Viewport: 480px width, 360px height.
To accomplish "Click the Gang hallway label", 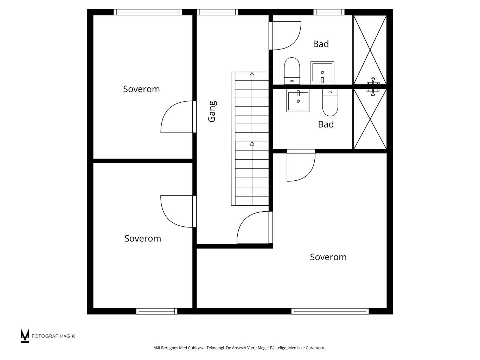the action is coord(212,111).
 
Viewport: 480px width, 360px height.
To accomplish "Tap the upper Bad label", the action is coord(321,44).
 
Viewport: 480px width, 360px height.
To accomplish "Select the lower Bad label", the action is coord(326,124).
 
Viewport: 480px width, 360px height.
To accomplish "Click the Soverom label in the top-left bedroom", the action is coord(141,89).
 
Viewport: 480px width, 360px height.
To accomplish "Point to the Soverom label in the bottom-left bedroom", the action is coord(143,238).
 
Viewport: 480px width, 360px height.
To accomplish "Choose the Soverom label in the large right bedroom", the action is coord(328,257).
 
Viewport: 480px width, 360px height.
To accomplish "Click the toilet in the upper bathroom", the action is coord(292,71).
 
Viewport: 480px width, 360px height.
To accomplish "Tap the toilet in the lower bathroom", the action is coord(330,102).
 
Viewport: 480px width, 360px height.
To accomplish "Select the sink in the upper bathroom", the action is coord(322,73).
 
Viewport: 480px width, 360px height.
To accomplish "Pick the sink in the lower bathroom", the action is coord(298,101).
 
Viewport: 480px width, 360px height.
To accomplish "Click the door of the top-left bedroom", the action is coord(178,117).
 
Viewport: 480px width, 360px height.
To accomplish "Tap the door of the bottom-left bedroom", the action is coord(178,211).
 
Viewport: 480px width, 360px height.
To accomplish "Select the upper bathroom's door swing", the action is coord(285,36).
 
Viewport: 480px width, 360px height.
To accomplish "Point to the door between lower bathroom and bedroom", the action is coord(301,166).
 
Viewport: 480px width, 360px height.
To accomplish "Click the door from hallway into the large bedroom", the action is coord(255,227).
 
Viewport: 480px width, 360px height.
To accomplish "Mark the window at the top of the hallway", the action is coord(218,12).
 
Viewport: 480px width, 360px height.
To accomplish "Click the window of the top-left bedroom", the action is coord(148,12).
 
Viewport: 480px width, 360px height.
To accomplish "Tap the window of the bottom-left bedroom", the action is coord(157,311).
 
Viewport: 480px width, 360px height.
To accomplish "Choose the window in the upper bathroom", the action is coord(329,12).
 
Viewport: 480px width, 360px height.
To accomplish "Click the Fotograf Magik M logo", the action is coord(25,335).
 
